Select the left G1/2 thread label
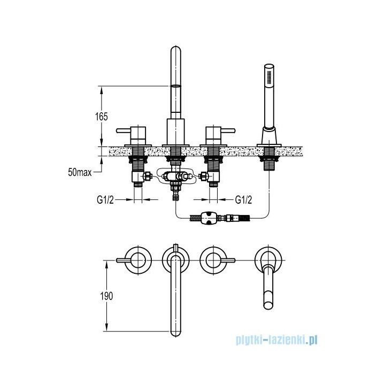tap(106, 200)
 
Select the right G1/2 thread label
tap(244, 200)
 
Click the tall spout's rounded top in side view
tap(176, 53)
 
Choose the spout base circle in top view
tap(176, 260)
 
